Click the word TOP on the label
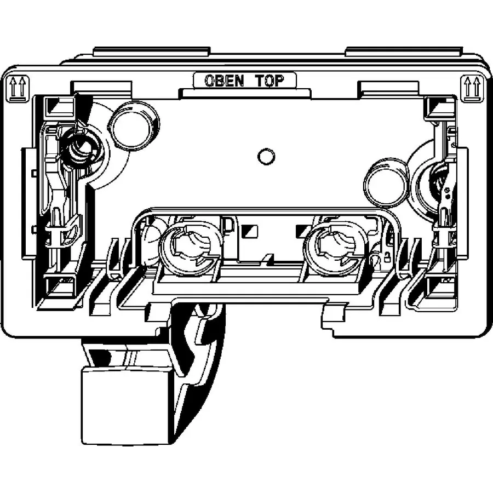click(x=270, y=81)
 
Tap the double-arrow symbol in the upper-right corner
click(x=472, y=88)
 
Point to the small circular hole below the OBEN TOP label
click(x=266, y=157)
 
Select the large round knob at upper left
click(x=133, y=125)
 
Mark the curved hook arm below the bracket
click(x=200, y=351)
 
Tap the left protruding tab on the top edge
click(x=152, y=50)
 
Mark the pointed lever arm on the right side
click(x=445, y=197)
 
